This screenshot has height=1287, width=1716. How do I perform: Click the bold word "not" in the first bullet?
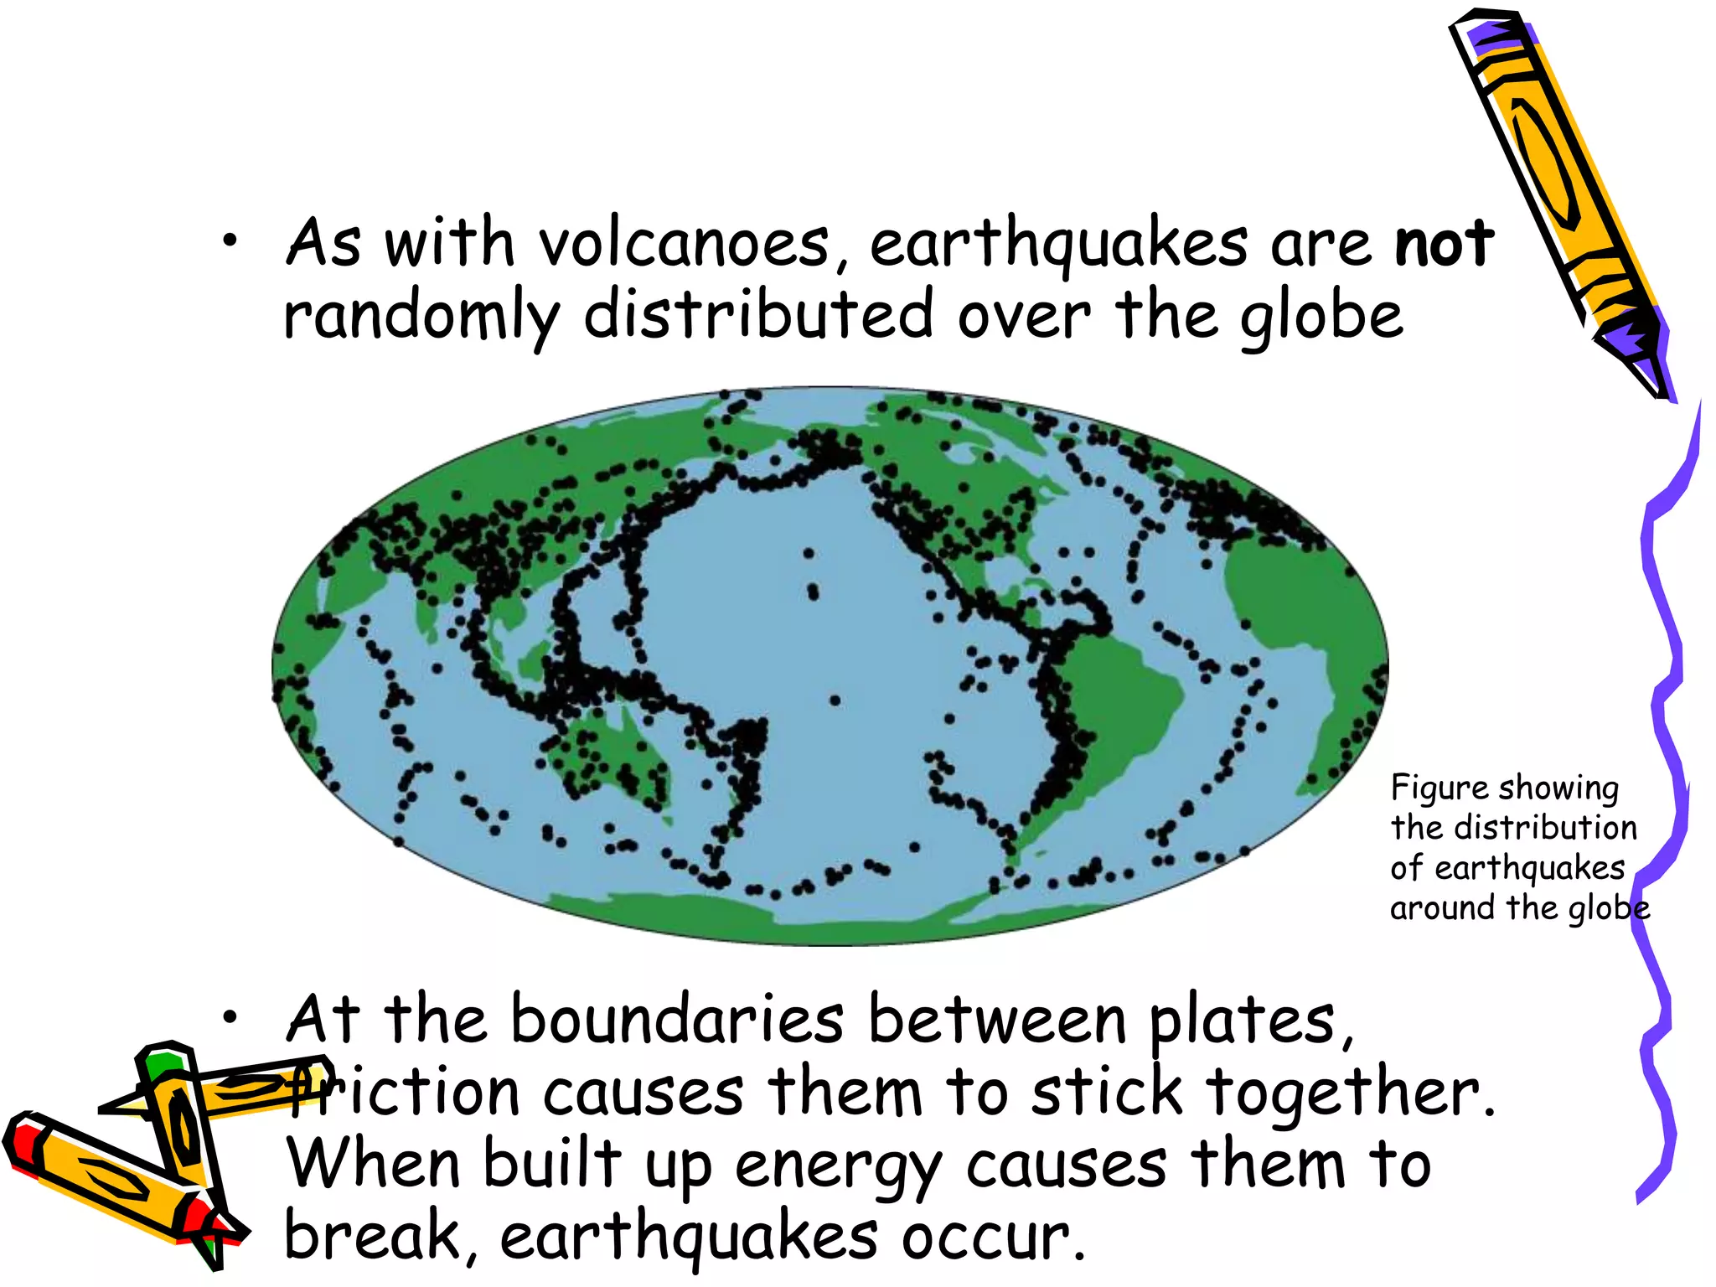(1444, 244)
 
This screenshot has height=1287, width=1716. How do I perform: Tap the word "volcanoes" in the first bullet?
(684, 244)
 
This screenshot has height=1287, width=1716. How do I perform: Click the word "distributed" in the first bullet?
(758, 315)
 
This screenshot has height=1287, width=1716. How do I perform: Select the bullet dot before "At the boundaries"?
(230, 1017)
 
